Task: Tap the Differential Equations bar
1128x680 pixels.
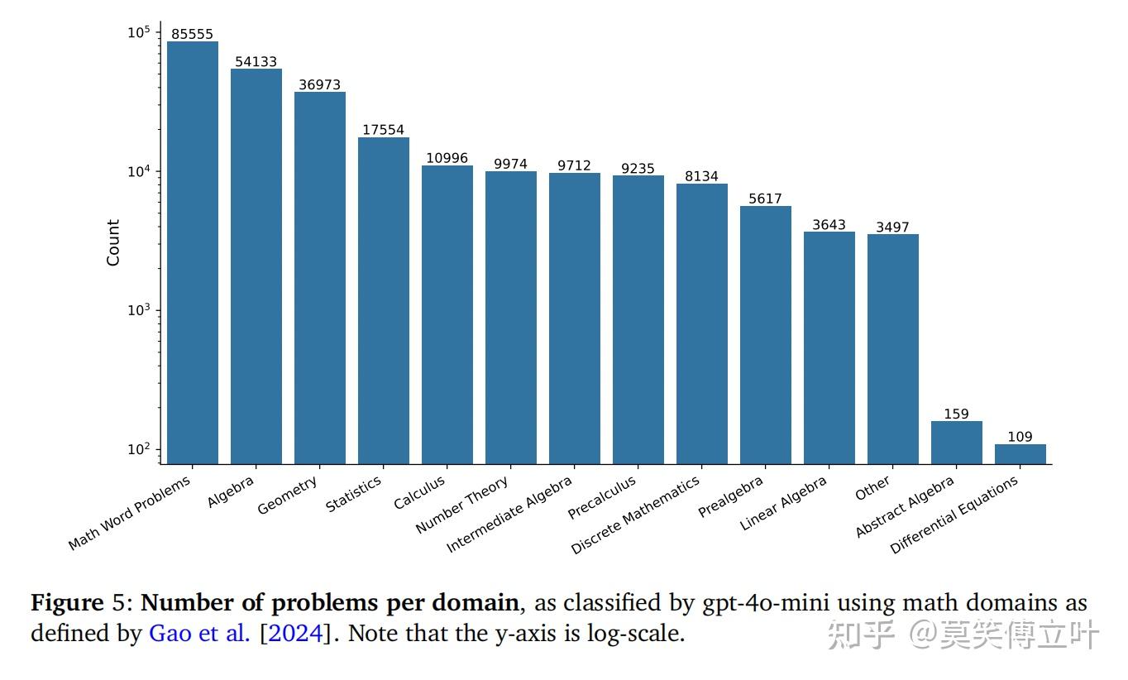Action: [1020, 454]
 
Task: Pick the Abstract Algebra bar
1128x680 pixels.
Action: [956, 443]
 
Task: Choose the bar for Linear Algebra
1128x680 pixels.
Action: [829, 347]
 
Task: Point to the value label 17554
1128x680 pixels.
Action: [383, 130]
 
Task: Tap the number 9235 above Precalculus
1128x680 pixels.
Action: [638, 168]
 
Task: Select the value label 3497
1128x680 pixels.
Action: [892, 227]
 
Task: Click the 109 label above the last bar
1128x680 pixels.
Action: [1020, 437]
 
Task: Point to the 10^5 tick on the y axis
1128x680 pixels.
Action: [138, 33]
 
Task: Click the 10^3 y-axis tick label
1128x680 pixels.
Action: [138, 310]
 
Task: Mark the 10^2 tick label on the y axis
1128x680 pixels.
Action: [138, 449]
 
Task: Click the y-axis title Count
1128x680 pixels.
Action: [113, 242]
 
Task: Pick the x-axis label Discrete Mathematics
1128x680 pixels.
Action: [635, 514]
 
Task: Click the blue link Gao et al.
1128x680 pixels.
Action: [199, 635]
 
